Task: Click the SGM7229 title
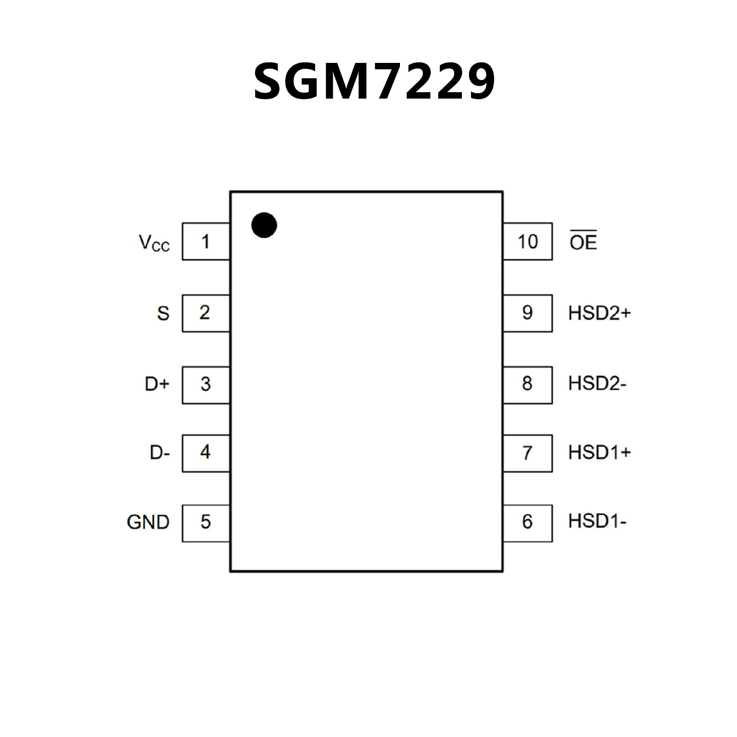(374, 82)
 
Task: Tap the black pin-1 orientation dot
(264, 225)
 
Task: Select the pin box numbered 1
(205, 242)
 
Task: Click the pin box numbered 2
(205, 313)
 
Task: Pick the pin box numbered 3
(205, 385)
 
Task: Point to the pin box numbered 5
(205, 523)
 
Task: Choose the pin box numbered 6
(527, 523)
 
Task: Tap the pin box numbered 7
(527, 453)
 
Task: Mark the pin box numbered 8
(527, 385)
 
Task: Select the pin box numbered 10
(527, 242)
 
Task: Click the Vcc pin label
(154, 243)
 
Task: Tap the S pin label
(163, 314)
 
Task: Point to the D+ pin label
(157, 384)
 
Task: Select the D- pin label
(160, 453)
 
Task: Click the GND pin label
(148, 522)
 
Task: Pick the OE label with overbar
(583, 242)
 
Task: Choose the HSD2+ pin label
(599, 313)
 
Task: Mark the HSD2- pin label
(597, 384)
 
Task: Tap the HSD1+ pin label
(599, 452)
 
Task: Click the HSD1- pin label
(597, 521)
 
